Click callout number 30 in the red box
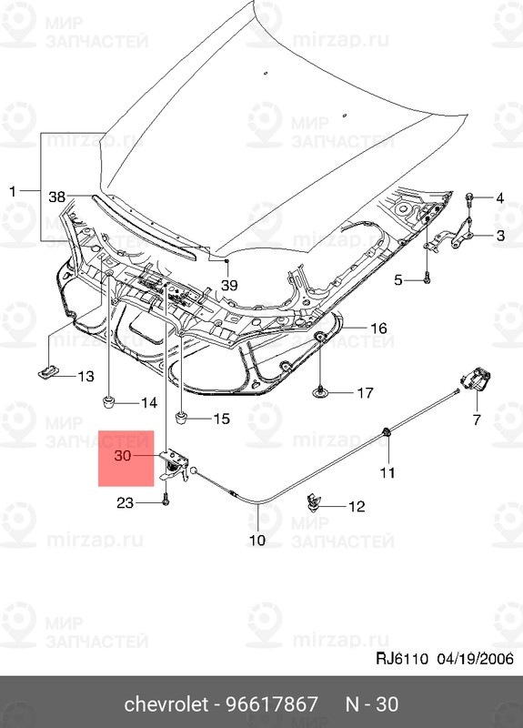123,456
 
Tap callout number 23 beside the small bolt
125,503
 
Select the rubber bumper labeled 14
108,401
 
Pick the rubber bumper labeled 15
181,417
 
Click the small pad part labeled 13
47,372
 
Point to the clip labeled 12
314,502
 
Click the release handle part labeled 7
476,380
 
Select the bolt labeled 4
469,198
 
